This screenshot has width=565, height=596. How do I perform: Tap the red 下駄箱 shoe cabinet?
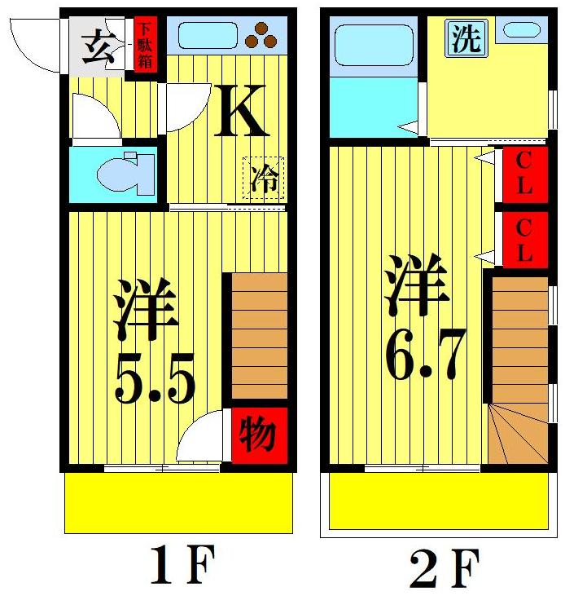point(145,42)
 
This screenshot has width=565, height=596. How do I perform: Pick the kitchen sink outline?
point(208,34)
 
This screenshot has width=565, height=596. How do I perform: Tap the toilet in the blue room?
point(125,172)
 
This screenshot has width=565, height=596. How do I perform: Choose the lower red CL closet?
point(523,239)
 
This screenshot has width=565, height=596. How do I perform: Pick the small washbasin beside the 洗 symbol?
point(521,30)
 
